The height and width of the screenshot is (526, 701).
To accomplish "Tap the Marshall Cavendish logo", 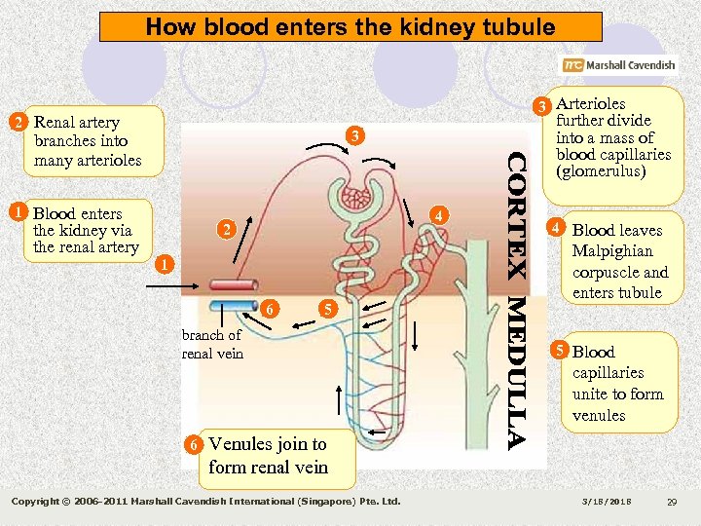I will point(617,65).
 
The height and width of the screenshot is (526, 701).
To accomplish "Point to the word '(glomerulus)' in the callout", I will point(600,171).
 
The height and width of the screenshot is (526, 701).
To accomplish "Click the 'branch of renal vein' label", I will point(212,344).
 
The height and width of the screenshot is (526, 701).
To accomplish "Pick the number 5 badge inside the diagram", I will point(328,309).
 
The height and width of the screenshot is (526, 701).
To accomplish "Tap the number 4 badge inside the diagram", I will point(440,215).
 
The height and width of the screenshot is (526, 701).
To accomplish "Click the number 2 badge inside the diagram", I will point(225,231).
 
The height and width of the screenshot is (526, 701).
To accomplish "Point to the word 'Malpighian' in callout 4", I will point(612,251).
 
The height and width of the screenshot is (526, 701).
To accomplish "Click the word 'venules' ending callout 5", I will point(598,415).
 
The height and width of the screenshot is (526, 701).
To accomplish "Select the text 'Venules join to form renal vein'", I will point(268,455).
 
